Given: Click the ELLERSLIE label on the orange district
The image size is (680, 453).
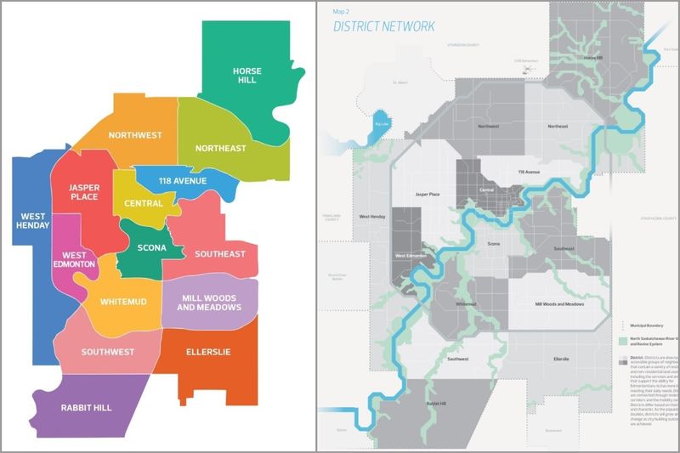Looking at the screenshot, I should (207, 352).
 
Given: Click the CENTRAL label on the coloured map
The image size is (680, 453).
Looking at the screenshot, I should (144, 204).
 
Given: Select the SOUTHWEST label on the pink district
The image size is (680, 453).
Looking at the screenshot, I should (106, 352).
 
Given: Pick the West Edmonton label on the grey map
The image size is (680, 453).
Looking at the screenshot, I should (411, 256).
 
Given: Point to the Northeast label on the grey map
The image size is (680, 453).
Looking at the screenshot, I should (558, 127).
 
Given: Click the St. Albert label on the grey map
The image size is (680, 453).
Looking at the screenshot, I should (401, 83).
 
